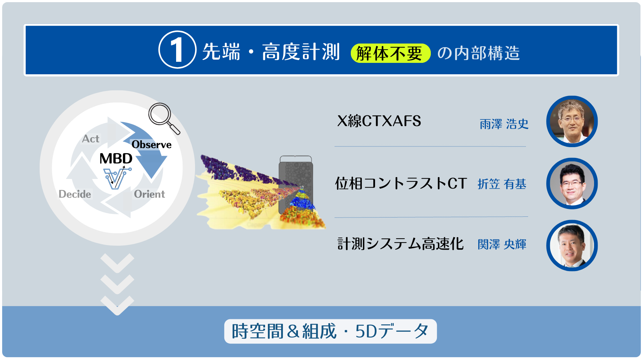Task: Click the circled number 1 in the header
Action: pyautogui.click(x=177, y=50)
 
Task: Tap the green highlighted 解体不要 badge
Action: pyautogui.click(x=390, y=53)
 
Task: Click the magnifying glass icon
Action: pyautogui.click(x=163, y=117)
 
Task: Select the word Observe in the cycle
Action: pyautogui.click(x=151, y=145)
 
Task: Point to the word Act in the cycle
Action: pyautogui.click(x=90, y=139)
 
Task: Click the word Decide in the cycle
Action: pyautogui.click(x=75, y=194)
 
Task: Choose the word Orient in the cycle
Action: pyautogui.click(x=149, y=194)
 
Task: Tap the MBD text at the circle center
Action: pyautogui.click(x=116, y=159)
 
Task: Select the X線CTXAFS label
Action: pyautogui.click(x=379, y=121)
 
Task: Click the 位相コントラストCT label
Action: pyautogui.click(x=401, y=184)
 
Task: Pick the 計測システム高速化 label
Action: pyautogui.click(x=400, y=244)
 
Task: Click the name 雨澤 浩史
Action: pyautogui.click(x=504, y=124)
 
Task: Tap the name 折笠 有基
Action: pyautogui.click(x=502, y=184)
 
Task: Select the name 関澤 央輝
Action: pyautogui.click(x=502, y=244)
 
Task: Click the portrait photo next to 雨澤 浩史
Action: pyautogui.click(x=572, y=121)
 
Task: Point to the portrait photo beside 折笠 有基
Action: pyautogui.click(x=572, y=184)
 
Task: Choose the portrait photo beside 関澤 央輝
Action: pyautogui.click(x=572, y=245)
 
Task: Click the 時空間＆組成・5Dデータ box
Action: pyautogui.click(x=330, y=331)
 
